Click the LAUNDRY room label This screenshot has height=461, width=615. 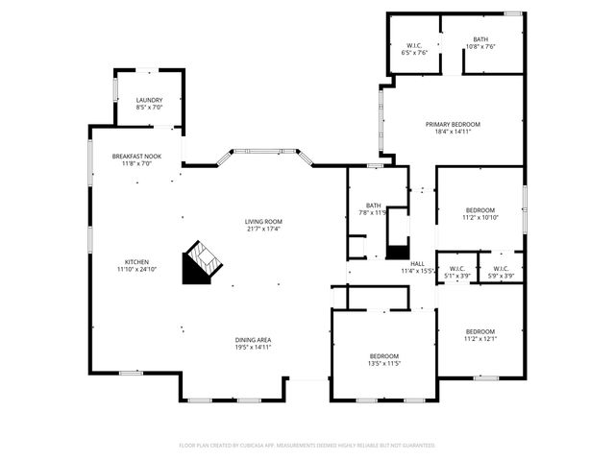149,100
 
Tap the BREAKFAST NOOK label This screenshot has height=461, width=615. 136,156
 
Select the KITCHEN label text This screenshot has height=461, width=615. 136,262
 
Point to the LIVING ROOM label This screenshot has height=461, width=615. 263,221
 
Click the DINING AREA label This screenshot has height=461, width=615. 254,339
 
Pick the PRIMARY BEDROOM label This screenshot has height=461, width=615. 453,124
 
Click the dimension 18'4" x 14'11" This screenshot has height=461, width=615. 453,132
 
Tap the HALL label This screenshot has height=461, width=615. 417,263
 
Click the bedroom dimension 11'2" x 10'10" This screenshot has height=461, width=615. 480,218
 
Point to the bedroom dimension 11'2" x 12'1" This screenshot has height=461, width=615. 480,337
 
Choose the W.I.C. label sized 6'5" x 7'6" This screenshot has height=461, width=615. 414,45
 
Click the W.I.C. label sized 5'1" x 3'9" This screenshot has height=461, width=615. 455,269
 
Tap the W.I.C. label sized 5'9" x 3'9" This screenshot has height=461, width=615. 501,269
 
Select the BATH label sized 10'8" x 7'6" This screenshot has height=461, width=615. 480,38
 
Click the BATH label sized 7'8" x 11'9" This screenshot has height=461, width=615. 373,205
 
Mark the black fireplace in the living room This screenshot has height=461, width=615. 201,262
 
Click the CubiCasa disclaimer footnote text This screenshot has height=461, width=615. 307,446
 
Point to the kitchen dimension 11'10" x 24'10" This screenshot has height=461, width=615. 136,270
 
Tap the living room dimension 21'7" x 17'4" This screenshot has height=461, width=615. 263,229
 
